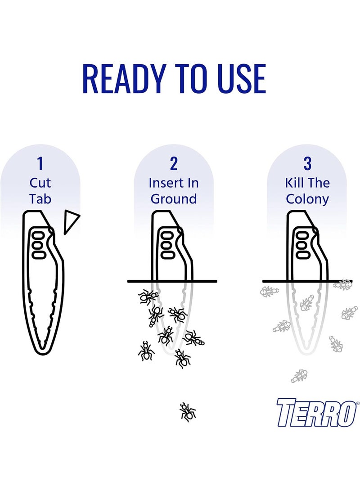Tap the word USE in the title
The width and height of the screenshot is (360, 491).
pyautogui.click(x=241, y=78)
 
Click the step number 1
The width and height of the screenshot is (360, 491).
pyautogui.click(x=40, y=163)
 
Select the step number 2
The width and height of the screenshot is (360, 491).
pyautogui.click(x=174, y=163)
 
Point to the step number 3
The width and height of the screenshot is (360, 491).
pyautogui.click(x=307, y=163)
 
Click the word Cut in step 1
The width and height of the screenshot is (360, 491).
pyautogui.click(x=40, y=183)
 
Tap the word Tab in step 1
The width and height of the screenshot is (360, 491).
pyautogui.click(x=40, y=199)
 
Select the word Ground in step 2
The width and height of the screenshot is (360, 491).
pyautogui.click(x=174, y=199)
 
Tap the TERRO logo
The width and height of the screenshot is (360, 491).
pyautogui.click(x=316, y=412)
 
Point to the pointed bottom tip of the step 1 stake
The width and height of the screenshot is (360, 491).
pyautogui.click(x=42, y=354)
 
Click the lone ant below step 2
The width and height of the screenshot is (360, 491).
pyautogui.click(x=188, y=412)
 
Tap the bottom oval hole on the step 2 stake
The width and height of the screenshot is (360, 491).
pyautogui.click(x=167, y=254)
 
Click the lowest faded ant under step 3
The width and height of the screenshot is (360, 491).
pyautogui.click(x=299, y=376)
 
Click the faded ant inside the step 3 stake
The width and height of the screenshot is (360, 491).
pyautogui.click(x=307, y=303)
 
